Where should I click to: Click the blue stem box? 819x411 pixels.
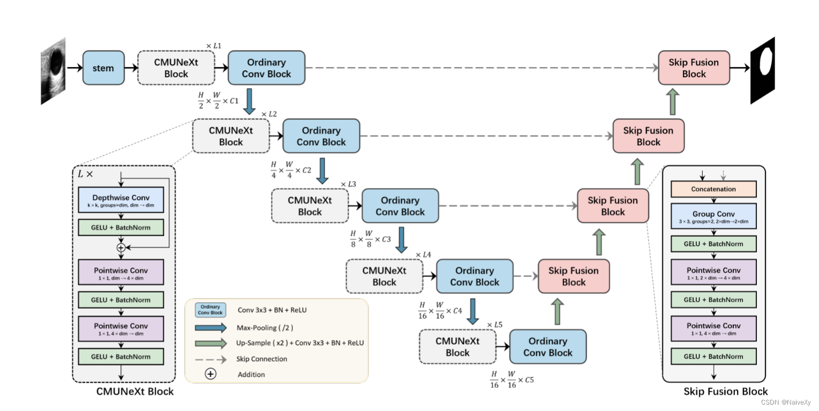[x=103, y=68]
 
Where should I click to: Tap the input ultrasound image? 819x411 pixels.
[x=53, y=70]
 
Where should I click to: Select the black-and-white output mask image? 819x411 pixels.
[x=762, y=70]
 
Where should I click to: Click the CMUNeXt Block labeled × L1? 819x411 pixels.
[x=176, y=68]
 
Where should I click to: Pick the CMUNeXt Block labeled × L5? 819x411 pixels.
[x=457, y=347]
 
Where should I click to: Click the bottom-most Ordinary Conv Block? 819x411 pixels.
[x=547, y=347]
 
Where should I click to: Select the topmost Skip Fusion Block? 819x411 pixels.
[x=694, y=68]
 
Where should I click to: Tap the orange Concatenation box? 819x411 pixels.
[x=713, y=189]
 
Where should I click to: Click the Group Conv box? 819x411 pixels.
[x=713, y=216]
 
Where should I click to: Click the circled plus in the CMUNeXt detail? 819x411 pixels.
[x=121, y=248]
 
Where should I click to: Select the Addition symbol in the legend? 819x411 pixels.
[x=211, y=374]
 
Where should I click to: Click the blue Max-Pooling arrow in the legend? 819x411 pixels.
[x=210, y=327]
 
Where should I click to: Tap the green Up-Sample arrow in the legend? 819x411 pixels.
[x=210, y=343]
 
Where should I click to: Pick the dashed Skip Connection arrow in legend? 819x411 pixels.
[x=210, y=359]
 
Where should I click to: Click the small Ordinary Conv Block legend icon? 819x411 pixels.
[x=210, y=310]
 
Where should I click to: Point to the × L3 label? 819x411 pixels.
[x=348, y=184]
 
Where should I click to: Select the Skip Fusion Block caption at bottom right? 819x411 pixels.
[x=725, y=392]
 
